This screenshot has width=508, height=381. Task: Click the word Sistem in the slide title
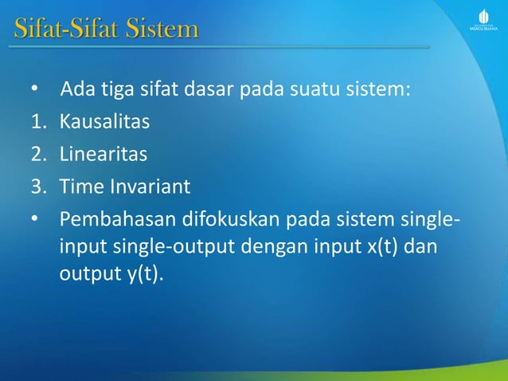click(x=158, y=31)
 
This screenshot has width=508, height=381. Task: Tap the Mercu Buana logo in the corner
click(x=483, y=23)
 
